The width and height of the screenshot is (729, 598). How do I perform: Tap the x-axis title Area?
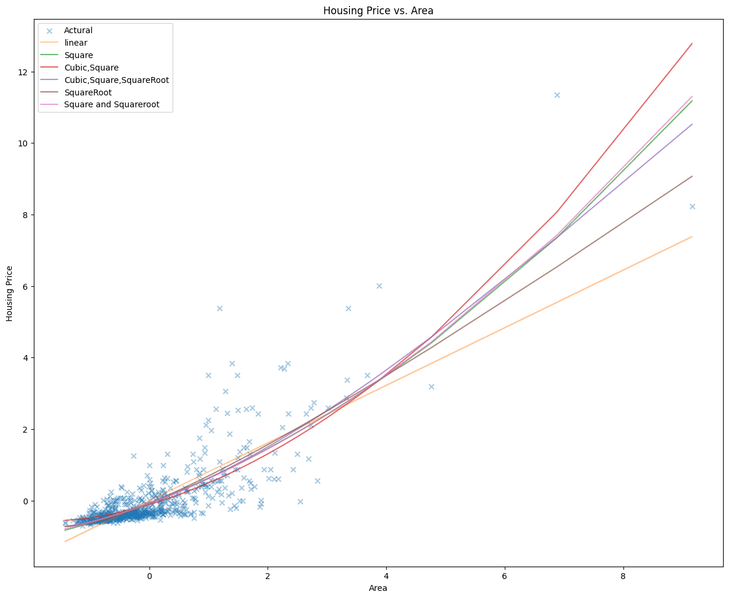click(x=378, y=588)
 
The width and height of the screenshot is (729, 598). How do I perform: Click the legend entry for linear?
click(x=76, y=43)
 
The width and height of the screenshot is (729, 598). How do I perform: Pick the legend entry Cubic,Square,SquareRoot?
click(x=116, y=80)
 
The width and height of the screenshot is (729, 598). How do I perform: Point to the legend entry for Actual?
click(x=78, y=30)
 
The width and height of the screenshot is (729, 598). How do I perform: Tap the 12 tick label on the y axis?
click(x=22, y=72)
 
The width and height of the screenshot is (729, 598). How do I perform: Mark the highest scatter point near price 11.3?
click(x=557, y=95)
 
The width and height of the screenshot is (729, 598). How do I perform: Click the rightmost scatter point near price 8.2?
click(x=692, y=206)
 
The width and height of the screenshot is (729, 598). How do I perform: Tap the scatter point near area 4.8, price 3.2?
click(x=431, y=386)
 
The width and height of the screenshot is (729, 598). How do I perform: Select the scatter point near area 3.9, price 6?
click(x=379, y=286)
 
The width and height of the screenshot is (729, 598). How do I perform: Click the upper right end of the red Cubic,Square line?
click(x=692, y=44)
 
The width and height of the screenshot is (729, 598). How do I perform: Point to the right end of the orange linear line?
click(x=692, y=237)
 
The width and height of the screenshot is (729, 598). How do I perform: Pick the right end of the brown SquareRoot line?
click(x=692, y=176)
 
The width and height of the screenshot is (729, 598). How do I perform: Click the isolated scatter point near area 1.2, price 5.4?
click(x=219, y=308)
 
